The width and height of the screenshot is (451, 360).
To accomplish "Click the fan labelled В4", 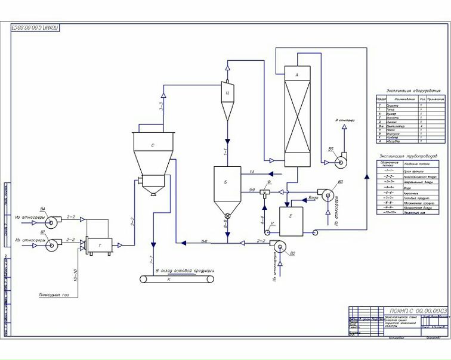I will tap(50, 224).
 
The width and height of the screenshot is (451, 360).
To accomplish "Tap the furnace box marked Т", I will tap(99, 245).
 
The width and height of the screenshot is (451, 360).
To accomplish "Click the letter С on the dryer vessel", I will tap(153, 145).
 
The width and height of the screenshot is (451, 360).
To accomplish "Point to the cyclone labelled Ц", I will tap(228, 93).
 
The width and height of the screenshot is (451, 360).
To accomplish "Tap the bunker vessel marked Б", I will tap(227, 182).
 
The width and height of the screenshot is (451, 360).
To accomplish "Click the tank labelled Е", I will tap(291, 218).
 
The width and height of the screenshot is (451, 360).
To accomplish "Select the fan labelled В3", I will tap(327, 194).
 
